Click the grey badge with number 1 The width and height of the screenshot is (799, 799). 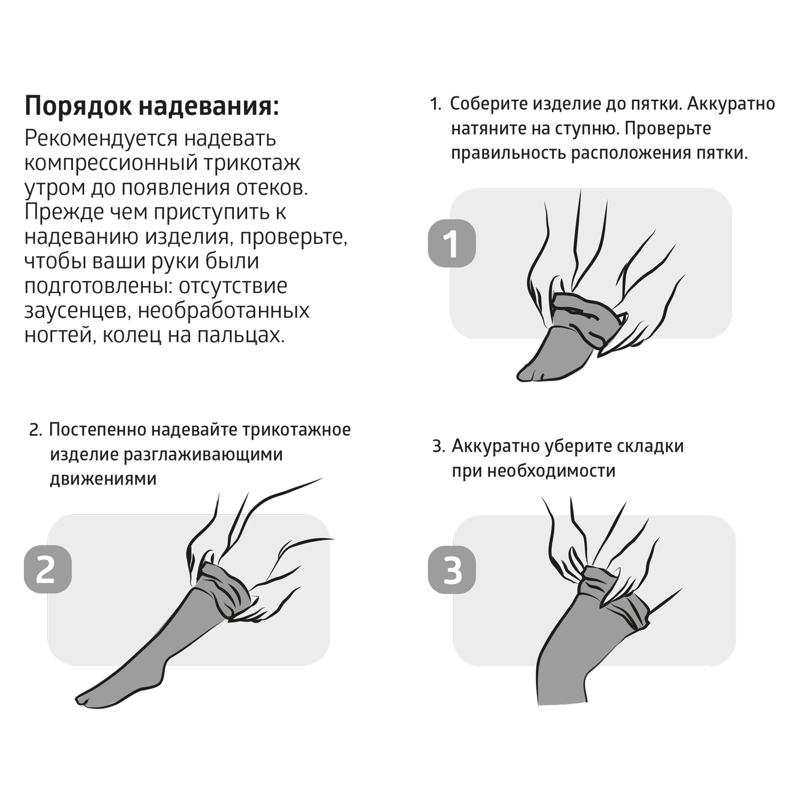click(452, 243)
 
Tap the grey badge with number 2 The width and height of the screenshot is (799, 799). click(48, 569)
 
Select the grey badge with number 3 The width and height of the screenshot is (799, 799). click(452, 569)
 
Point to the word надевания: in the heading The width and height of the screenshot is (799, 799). click(209, 105)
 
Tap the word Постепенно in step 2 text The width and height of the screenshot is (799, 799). click(96, 430)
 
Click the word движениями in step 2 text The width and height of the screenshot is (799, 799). click(103, 479)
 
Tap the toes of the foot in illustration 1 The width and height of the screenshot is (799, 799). click(530, 373)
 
